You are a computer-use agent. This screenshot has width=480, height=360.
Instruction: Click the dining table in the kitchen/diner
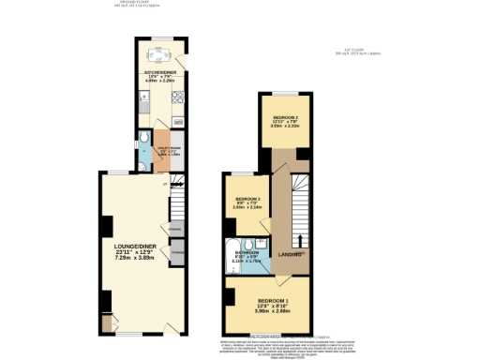click(157, 52)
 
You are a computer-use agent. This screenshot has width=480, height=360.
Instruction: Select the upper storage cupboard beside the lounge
click(175, 228)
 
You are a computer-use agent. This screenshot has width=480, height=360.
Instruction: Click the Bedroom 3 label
click(247, 200)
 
